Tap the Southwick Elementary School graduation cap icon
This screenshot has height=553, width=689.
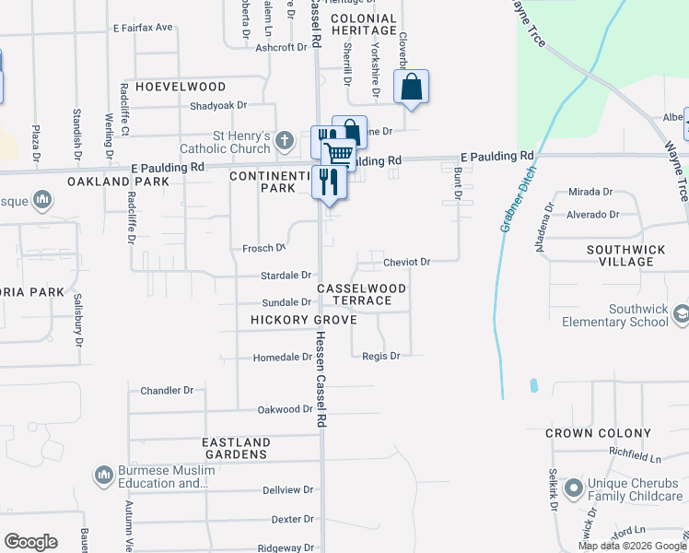tap(681, 312)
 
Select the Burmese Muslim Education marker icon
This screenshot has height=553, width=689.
tap(103, 476)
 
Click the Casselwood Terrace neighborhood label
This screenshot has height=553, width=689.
tap(362, 295)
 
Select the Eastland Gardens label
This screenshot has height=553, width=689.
tap(236, 448)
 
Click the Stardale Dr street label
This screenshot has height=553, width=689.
tap(287, 275)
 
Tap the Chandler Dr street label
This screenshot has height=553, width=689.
tap(167, 391)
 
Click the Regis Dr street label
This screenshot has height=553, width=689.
tap(380, 356)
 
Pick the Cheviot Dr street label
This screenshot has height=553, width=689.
tap(406, 262)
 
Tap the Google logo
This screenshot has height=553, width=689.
tap(30, 542)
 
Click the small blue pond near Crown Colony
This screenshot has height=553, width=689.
tap(532, 384)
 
